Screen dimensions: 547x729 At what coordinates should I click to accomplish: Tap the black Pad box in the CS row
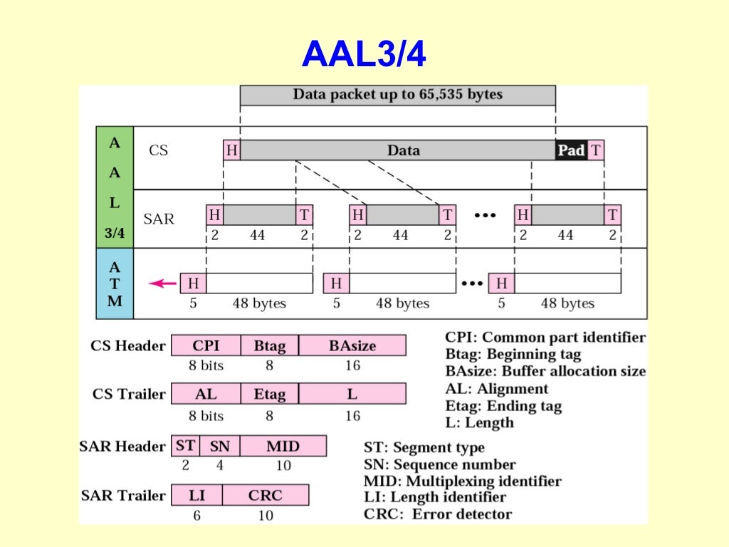[571, 150]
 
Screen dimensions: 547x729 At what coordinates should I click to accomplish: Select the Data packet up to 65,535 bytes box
[397, 95]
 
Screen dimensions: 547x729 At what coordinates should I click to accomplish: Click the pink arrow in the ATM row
[163, 283]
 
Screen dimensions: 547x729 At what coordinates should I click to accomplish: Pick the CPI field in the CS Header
[206, 346]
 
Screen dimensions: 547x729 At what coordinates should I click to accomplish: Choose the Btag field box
[270, 346]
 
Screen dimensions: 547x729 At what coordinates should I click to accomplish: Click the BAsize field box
[352, 346]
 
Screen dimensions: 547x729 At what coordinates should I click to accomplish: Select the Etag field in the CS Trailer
[270, 394]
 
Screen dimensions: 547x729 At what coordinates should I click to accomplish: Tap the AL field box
[206, 394]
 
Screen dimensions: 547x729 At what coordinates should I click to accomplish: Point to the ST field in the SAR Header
[185, 447]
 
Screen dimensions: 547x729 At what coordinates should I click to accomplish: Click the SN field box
[219, 447]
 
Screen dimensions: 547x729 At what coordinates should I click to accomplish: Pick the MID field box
[283, 447]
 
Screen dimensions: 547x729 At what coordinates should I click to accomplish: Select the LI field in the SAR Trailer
[196, 495]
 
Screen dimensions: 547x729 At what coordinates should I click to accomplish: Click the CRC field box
[266, 495]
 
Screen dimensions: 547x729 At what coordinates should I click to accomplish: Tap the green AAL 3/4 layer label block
[114, 187]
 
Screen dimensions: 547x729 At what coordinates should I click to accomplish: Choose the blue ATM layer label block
[114, 283]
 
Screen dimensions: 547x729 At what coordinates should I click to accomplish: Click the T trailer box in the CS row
[596, 150]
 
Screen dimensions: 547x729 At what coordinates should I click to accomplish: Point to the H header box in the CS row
[231, 150]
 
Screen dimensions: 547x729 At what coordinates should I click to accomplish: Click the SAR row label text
[159, 219]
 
